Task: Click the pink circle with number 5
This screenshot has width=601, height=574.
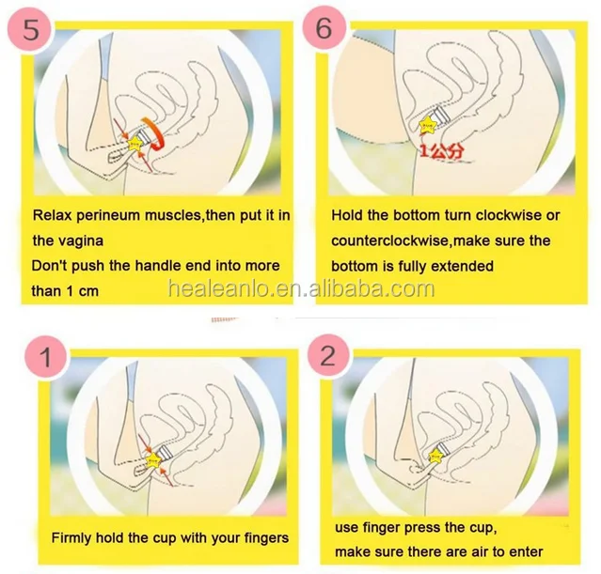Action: pos(29,29)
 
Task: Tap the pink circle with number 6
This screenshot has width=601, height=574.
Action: pos(324,27)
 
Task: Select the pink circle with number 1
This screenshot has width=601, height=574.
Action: pos(46,357)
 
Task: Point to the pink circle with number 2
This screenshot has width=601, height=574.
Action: pos(328,356)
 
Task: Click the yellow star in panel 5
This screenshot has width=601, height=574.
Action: pos(135,143)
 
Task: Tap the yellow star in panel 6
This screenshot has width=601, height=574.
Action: pos(428,125)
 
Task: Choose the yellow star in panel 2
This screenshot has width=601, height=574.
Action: pos(435,456)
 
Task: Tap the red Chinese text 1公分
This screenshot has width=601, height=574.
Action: pos(442,151)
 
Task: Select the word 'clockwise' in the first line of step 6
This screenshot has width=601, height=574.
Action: pos(511,215)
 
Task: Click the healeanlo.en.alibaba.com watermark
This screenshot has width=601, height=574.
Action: pos(301,288)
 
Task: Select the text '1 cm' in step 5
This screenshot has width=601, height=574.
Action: pos(83,291)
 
